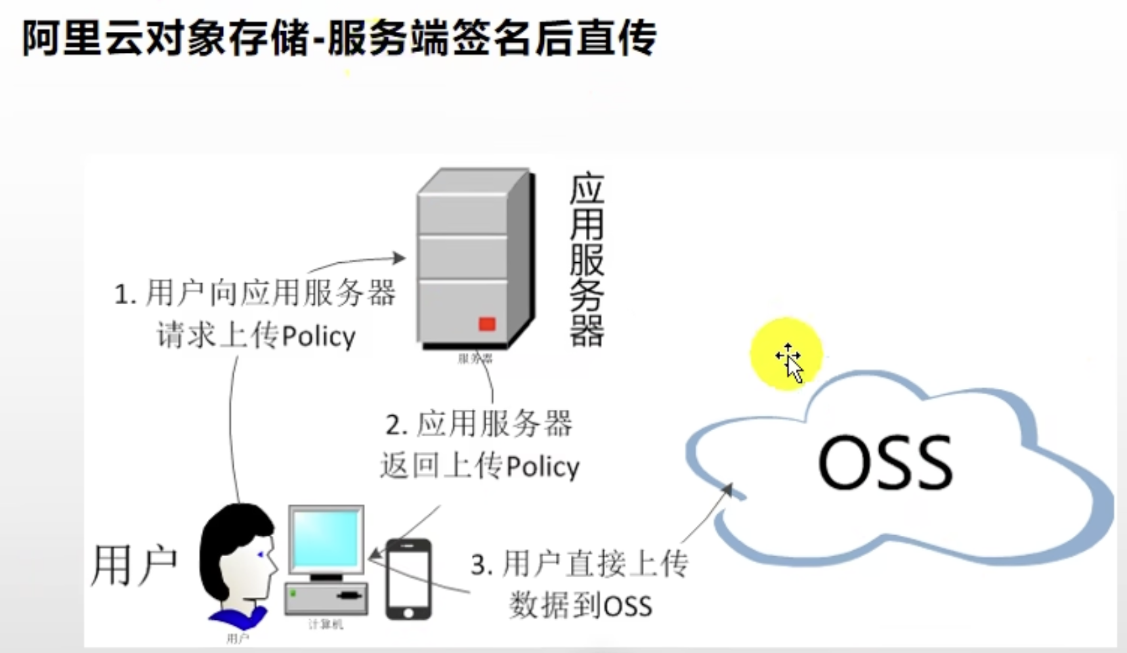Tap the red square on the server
487,324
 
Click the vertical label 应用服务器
587,261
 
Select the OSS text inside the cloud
885,463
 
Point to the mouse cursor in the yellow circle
791,362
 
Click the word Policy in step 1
318,336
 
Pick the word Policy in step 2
543,467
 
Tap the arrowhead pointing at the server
400,257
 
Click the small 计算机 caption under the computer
325,625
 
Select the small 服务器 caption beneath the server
475,358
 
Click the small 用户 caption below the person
237,639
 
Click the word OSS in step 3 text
627,606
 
